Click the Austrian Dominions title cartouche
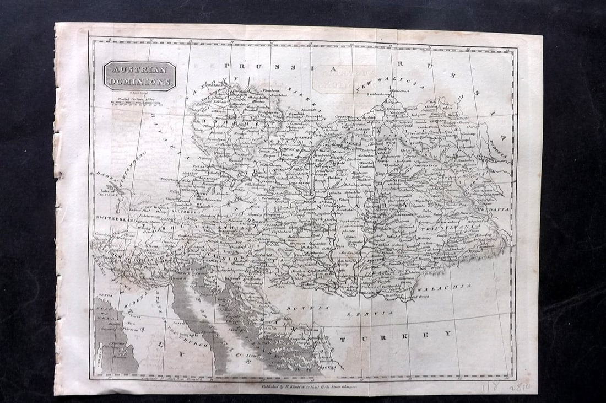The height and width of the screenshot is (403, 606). tap(140, 76)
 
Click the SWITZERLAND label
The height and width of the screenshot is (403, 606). tap(115, 219)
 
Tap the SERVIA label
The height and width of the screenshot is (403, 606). tap(377, 314)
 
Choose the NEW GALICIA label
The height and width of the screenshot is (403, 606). tap(391, 84)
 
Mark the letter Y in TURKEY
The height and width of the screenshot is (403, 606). tap(449, 334)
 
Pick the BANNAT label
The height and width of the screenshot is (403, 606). tap(394, 272)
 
